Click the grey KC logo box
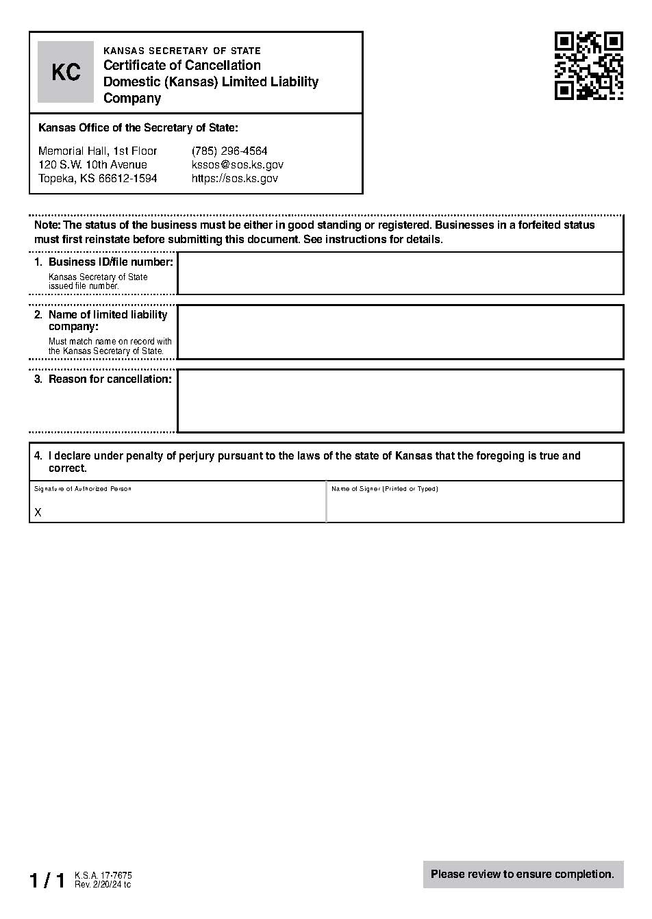[66, 72]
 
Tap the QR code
[588, 66]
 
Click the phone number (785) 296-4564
[229, 151]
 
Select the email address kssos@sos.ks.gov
[237, 164]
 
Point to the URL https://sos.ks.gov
[234, 178]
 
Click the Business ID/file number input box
[400, 273]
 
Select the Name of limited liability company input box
[400, 332]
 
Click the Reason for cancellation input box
[400, 401]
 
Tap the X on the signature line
[38, 512]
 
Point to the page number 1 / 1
[47, 880]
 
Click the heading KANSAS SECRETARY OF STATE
[181, 51]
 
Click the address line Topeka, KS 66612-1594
[97, 178]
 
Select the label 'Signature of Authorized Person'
[82, 489]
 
